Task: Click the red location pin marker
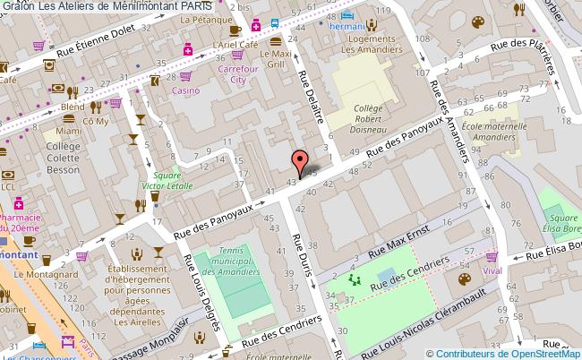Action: (299, 162)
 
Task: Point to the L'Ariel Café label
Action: (235, 44)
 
